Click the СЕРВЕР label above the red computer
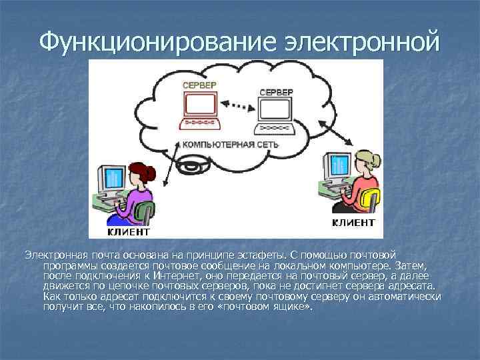click(199, 86)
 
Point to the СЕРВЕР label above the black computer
click(274, 91)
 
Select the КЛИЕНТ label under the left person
click(129, 231)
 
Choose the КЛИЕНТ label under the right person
click(353, 222)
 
